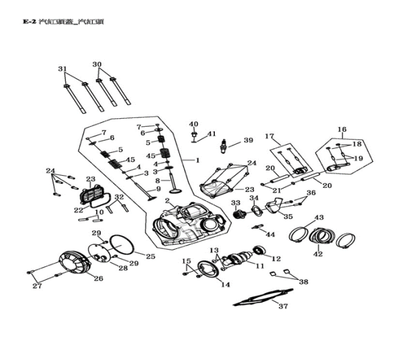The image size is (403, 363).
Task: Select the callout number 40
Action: (x=193, y=124)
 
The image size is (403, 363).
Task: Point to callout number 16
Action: (x=341, y=129)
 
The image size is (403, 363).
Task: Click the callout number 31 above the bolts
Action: (x=62, y=69)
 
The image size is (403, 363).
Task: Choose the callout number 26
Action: (x=98, y=278)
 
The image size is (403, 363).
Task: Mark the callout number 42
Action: (x=318, y=254)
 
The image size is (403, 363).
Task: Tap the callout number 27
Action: (x=38, y=287)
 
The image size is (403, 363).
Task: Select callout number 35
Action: (x=287, y=217)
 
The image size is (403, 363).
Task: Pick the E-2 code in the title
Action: (x=28, y=21)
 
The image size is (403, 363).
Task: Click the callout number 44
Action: (x=271, y=234)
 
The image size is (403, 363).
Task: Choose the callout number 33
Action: (x=236, y=203)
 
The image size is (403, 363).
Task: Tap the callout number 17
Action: (x=270, y=136)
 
